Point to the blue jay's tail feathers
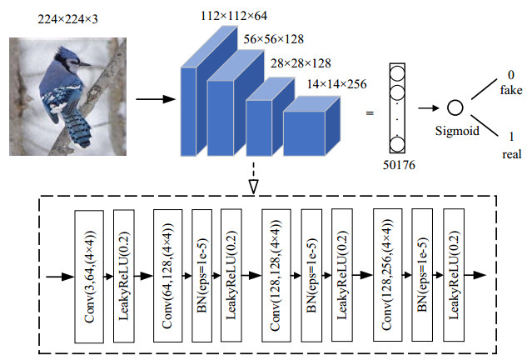pos(78,129)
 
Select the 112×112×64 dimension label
pos(234,15)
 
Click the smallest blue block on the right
pos(309,128)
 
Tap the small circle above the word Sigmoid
pos(455,107)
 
